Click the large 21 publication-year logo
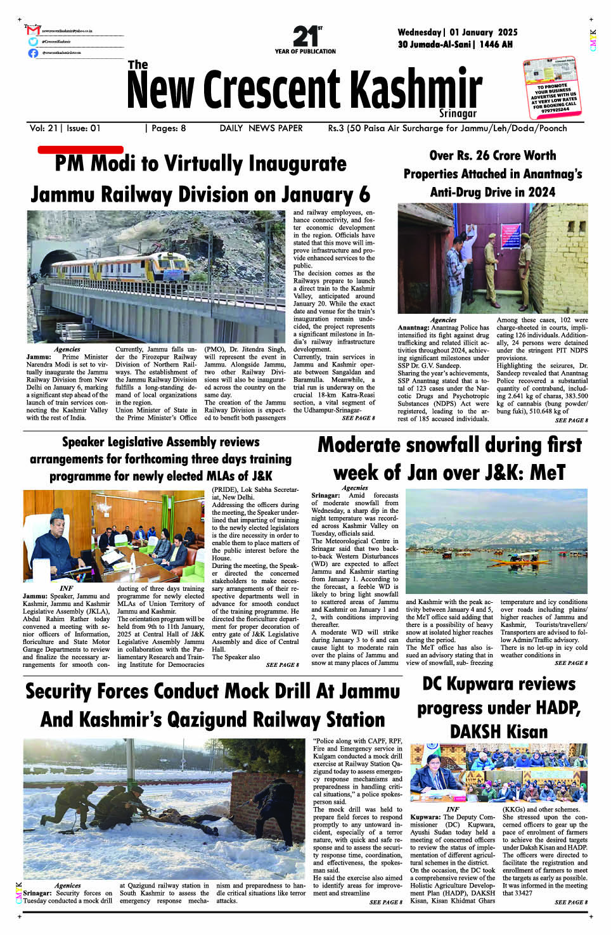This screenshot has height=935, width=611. point(305,37)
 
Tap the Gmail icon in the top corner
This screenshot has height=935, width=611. point(34,30)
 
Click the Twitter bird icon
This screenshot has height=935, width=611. point(34,42)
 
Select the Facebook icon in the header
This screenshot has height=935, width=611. point(34,53)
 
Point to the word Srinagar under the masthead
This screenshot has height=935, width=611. point(458,113)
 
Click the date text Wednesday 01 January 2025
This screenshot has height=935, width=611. point(457,32)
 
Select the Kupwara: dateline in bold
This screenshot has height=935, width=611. point(425,817)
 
